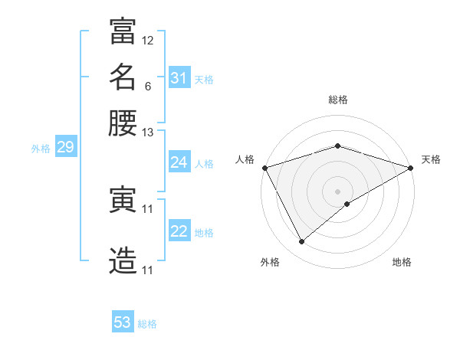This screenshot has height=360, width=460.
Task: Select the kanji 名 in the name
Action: (x=123, y=77)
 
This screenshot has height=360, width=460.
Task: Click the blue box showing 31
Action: (x=179, y=78)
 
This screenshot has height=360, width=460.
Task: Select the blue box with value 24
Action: (x=179, y=162)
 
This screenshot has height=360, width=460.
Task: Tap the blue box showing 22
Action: (x=179, y=231)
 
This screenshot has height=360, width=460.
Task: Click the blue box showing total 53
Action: (x=123, y=322)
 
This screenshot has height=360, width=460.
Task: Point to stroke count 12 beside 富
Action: (x=148, y=40)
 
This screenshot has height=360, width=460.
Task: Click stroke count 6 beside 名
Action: (x=147, y=86)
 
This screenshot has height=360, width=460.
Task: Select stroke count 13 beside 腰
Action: (x=148, y=133)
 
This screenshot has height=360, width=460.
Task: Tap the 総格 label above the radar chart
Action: (x=337, y=100)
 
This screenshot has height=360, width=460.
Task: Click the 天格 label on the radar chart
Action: (x=431, y=159)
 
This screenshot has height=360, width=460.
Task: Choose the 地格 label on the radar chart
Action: (x=402, y=262)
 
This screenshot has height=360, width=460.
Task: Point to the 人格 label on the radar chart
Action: (x=245, y=159)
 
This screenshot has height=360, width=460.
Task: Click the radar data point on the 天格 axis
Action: (x=412, y=168)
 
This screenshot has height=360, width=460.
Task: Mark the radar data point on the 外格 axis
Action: (x=301, y=242)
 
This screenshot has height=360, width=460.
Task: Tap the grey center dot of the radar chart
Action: (x=337, y=191)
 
